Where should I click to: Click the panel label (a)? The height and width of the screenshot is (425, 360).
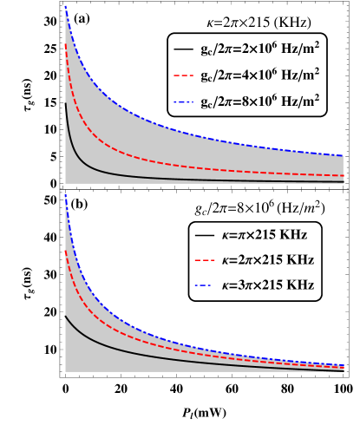coord(82,18)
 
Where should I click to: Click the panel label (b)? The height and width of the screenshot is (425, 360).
coord(79,205)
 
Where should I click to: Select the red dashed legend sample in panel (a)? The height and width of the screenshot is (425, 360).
coord(183,75)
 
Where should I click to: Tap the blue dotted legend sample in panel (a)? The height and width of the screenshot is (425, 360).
coord(183,101)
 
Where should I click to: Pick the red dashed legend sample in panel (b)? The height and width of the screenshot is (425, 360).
coord(204,260)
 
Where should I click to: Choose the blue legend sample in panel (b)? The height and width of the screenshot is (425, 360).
coord(204,284)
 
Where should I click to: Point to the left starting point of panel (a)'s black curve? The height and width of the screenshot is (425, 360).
coord(66,105)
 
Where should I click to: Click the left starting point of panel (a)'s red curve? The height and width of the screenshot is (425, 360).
coord(66,45)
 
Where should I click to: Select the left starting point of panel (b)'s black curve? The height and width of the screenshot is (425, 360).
coord(66,316)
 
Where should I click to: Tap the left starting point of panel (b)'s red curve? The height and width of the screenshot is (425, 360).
coord(66,252)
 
